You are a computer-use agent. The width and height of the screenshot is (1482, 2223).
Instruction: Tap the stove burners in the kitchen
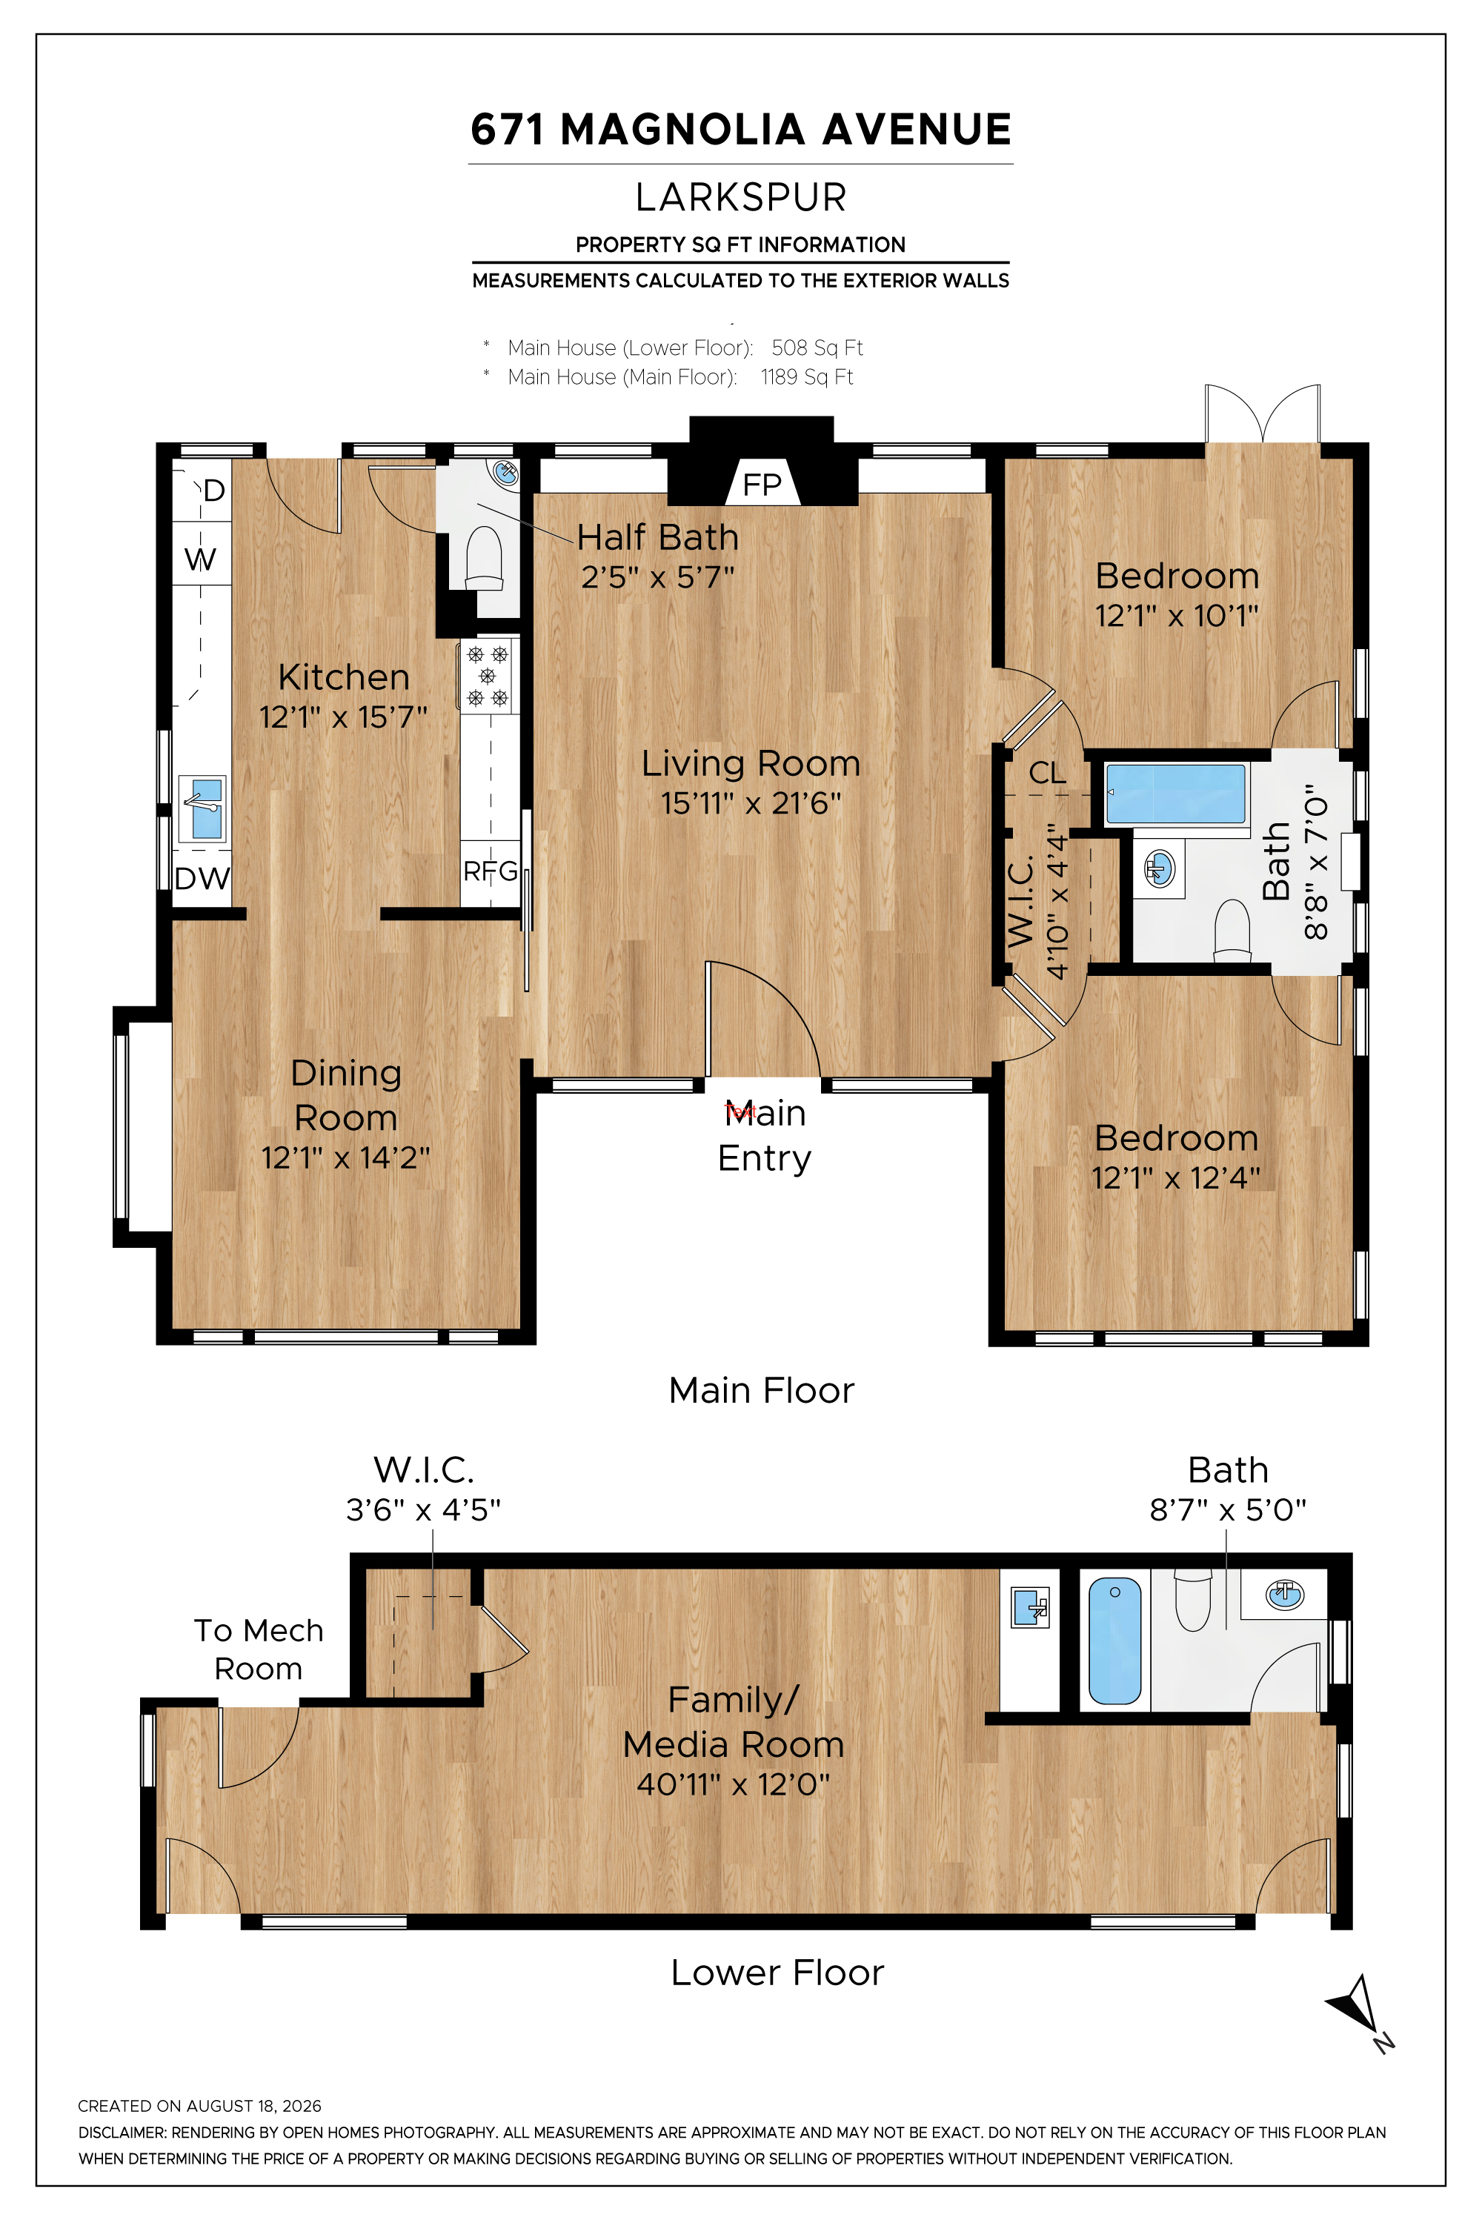(488, 676)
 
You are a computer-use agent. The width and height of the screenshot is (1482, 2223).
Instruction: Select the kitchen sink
(202, 808)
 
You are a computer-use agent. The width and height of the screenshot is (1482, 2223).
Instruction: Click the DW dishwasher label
(202, 878)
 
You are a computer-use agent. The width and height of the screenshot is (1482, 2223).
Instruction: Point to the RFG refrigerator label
(491, 871)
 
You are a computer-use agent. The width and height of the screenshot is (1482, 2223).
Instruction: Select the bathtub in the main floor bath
(1174, 794)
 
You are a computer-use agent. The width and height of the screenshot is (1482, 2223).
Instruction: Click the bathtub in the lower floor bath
(1115, 1642)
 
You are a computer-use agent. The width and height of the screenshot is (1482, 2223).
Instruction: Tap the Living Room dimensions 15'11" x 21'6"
(751, 803)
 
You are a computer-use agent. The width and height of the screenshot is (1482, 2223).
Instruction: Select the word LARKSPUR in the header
(741, 198)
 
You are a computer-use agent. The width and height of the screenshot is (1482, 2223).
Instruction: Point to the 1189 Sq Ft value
(806, 377)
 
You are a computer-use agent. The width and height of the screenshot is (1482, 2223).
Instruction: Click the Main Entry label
(765, 1136)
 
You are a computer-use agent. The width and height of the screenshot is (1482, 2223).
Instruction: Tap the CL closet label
(1047, 773)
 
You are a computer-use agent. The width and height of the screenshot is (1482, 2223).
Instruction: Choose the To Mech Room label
(258, 1649)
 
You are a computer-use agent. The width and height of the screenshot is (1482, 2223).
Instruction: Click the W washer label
(200, 559)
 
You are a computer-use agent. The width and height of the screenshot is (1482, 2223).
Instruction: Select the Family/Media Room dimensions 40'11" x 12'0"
(734, 1784)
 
